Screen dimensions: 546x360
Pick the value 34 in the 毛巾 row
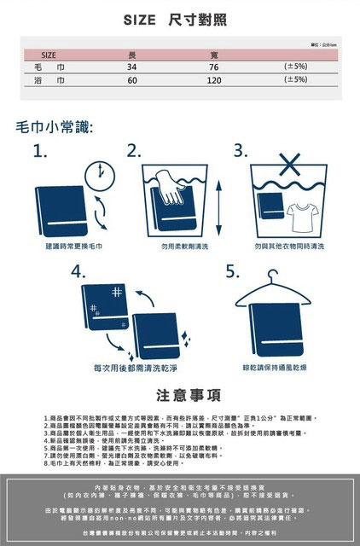pos(131,66)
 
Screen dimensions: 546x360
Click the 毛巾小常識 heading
pos(55,128)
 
